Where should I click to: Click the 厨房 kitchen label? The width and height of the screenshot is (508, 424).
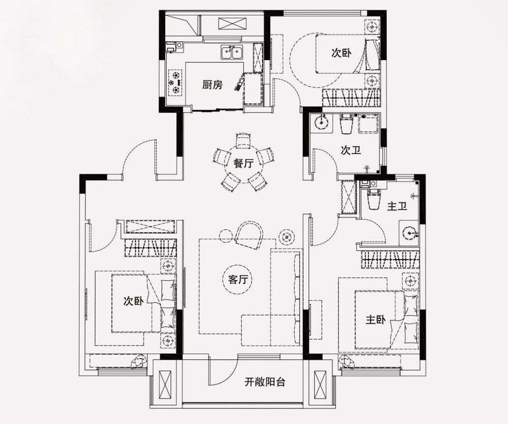(x=213, y=85)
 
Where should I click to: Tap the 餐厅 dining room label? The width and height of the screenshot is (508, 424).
(x=243, y=163)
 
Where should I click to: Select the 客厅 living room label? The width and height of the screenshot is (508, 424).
(x=238, y=279)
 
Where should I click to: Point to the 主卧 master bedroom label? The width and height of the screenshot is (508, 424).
(x=376, y=320)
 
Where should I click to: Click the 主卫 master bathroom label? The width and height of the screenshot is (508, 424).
(x=397, y=206)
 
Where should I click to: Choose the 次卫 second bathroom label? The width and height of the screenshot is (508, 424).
(x=351, y=150)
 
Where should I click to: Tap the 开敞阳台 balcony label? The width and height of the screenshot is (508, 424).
(x=265, y=382)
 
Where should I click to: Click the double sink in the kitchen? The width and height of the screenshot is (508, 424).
(x=232, y=53)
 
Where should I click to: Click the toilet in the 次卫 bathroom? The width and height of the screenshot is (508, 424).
(x=346, y=124)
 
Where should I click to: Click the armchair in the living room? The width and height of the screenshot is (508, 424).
(x=249, y=235)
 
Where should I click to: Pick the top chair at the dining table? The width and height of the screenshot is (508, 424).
(x=243, y=141)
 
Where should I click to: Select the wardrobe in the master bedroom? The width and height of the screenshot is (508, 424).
(x=390, y=259)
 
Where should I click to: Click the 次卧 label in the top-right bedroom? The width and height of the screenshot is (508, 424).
(x=341, y=53)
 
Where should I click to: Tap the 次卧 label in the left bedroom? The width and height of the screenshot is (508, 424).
(x=134, y=301)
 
